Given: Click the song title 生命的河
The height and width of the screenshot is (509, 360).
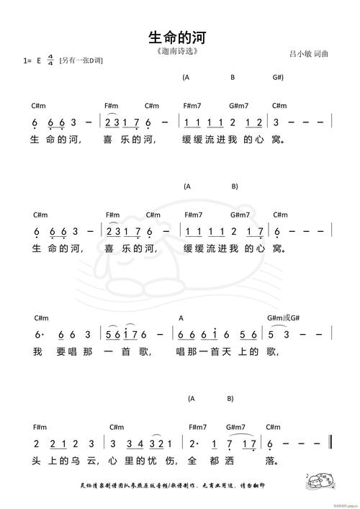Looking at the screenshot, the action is (180, 37).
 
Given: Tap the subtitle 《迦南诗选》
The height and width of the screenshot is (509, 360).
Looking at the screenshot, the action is (176, 52).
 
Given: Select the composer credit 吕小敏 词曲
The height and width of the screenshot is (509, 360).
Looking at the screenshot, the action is (309, 53).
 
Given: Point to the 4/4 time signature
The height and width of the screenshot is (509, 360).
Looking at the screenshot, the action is (50, 60).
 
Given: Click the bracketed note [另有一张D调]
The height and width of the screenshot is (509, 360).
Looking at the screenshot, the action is (81, 61).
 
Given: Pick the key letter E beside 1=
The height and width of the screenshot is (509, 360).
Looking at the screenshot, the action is (38, 61).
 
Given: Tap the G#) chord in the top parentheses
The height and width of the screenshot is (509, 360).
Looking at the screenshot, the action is (278, 77).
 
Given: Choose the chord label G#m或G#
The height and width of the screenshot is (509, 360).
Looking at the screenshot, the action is (283, 318).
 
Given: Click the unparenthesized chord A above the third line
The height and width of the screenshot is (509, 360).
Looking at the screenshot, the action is (181, 318).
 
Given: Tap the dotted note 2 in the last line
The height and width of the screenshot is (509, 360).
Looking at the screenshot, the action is (192, 444).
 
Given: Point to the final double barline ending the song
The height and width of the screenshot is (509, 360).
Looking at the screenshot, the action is (330, 443).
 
